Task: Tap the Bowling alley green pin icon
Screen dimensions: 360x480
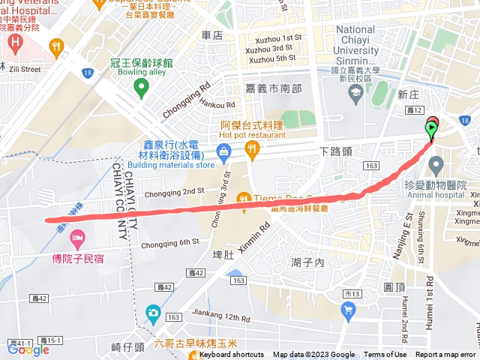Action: coord(140,88)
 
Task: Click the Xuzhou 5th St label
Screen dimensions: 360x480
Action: coord(271,58)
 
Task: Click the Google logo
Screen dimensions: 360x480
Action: coord(28,349)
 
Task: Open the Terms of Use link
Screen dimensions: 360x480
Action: coord(385,355)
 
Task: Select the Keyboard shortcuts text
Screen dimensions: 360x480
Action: coord(232,355)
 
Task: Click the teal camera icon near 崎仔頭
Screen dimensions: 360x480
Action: coord(153,311)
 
